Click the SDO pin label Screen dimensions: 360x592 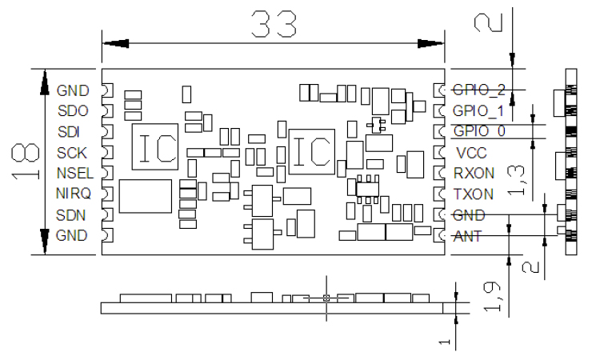(x=73, y=110)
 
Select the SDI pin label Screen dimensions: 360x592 (x=69, y=131)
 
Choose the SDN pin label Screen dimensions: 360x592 (x=72, y=214)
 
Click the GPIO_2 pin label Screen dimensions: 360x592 (x=479, y=89)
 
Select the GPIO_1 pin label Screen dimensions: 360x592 (x=479, y=110)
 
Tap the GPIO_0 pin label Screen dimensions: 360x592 (x=479, y=130)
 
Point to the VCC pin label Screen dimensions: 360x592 (x=471, y=152)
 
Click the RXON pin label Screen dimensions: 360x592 (x=474, y=173)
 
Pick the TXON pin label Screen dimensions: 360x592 (x=473, y=194)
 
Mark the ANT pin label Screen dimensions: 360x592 (x=468, y=236)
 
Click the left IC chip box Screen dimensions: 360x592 (x=154, y=147)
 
